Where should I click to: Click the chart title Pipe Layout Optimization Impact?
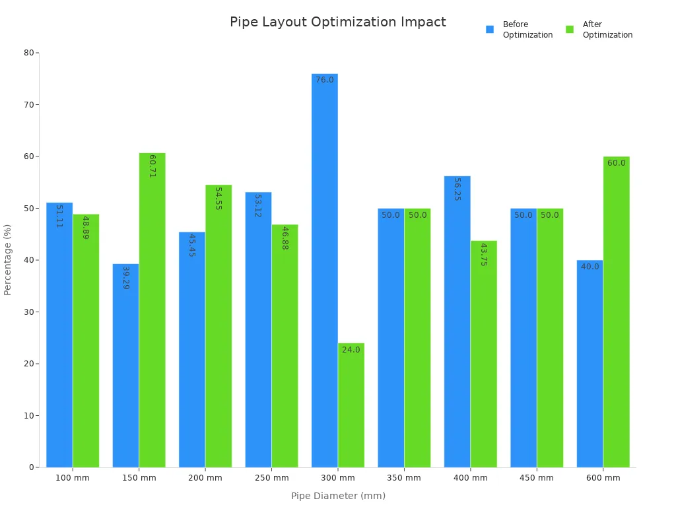(337, 22)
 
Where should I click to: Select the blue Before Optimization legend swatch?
(490, 30)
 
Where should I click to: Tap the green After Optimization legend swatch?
(570, 30)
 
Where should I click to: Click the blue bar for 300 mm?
(325, 271)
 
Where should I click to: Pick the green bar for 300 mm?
(351, 405)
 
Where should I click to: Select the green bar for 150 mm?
(152, 310)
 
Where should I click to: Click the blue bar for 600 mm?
(590, 364)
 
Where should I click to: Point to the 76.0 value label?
(325, 80)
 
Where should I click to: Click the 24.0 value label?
(351, 350)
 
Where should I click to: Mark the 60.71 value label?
(152, 166)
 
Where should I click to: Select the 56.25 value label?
(457, 189)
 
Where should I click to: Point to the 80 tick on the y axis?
(29, 53)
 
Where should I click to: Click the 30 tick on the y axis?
(29, 312)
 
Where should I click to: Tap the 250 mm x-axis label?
(271, 478)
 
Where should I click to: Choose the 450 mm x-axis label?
(537, 478)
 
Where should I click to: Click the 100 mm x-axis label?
(73, 478)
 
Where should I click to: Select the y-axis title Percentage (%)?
(8, 259)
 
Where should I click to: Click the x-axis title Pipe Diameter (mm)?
(338, 496)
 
